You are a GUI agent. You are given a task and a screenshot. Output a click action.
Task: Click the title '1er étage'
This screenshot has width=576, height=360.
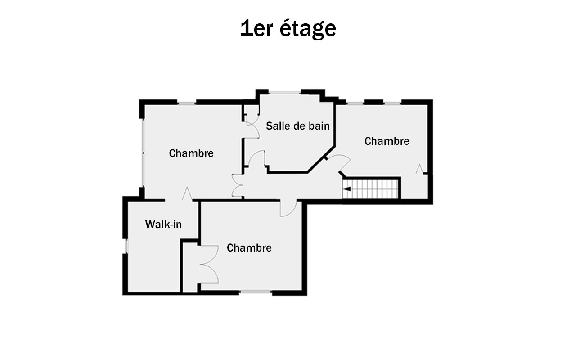288,29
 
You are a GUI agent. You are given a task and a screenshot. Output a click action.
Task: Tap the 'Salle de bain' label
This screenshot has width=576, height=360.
297,126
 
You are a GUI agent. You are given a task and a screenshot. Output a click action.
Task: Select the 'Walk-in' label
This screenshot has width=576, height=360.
163,225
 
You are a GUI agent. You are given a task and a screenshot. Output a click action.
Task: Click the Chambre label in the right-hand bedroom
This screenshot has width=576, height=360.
387,141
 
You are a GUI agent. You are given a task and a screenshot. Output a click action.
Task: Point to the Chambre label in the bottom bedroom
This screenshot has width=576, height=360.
249,248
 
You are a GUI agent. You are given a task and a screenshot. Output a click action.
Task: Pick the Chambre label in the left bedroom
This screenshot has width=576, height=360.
191,153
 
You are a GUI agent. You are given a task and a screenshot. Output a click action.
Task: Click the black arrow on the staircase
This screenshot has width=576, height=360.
347,189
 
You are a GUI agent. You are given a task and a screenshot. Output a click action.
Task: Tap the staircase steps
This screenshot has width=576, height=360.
370,189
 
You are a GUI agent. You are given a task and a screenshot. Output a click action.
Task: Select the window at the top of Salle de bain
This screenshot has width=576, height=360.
285,92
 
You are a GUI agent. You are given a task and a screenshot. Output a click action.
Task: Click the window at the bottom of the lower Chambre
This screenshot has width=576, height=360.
256,292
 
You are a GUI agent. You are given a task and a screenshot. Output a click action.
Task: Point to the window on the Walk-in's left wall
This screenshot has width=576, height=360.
126,246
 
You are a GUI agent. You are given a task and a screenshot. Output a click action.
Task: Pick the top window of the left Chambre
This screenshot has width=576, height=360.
187,103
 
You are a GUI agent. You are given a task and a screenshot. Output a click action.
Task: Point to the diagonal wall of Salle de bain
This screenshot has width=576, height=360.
321,159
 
